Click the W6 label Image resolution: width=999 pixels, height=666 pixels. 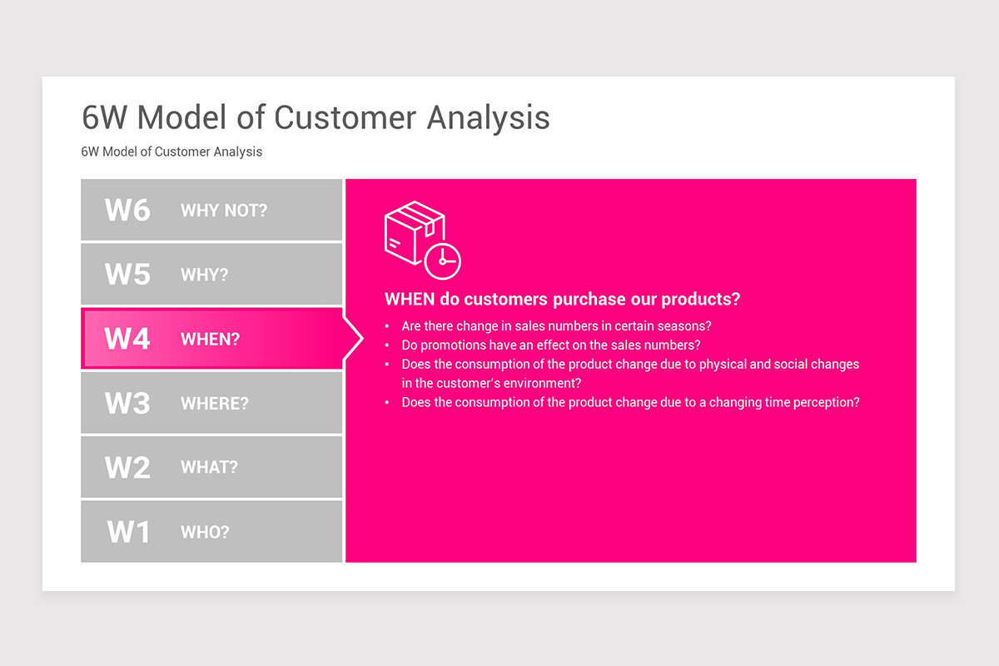click(127, 210)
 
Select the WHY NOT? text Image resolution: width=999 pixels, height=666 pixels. click(224, 211)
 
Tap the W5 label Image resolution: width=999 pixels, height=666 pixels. click(127, 274)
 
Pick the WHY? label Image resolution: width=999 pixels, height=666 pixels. click(204, 275)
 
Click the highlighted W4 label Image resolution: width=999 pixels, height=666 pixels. click(127, 339)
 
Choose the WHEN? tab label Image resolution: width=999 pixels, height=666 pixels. click(210, 340)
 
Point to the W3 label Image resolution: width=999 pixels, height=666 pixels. click(127, 403)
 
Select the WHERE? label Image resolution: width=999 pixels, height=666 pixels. click(215, 404)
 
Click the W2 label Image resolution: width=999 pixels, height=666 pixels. click(127, 467)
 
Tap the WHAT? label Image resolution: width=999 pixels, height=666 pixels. click(209, 468)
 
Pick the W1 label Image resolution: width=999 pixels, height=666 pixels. click(128, 532)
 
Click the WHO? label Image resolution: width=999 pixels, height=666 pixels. click(205, 532)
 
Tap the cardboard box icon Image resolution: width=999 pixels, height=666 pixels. click(414, 231)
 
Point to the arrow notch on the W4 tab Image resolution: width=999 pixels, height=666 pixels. click(353, 339)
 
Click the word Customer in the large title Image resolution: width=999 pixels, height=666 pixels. click(345, 117)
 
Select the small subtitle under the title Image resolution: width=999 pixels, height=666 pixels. click(171, 152)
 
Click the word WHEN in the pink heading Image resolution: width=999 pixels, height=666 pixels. click(410, 299)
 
